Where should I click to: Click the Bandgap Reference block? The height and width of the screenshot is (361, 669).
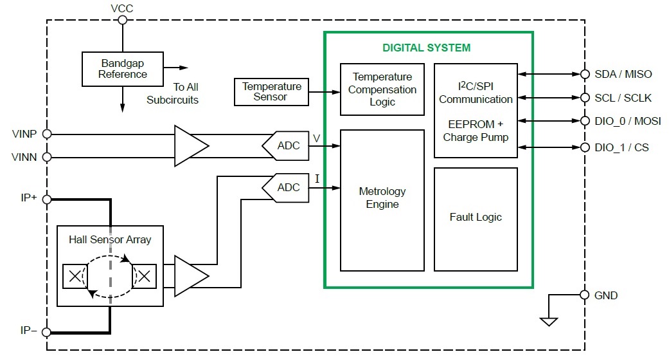tap(123, 69)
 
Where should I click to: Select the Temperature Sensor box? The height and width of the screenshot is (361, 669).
tap(271, 91)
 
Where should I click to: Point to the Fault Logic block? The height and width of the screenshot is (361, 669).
tap(476, 217)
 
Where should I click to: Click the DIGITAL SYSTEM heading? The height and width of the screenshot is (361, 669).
tap(426, 48)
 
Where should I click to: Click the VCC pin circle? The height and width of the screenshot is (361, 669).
tap(122, 20)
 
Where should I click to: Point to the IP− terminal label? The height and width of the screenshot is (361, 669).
tap(28, 331)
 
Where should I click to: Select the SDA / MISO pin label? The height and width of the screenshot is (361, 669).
tap(623, 74)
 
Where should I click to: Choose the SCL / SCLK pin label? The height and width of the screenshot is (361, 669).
tap(623, 98)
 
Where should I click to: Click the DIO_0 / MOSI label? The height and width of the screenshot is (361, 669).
tap(627, 121)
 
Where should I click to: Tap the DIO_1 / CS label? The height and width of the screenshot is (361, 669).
tap(621, 148)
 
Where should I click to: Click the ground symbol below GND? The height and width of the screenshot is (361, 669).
tap(548, 320)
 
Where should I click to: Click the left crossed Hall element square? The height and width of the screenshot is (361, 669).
tap(75, 276)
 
